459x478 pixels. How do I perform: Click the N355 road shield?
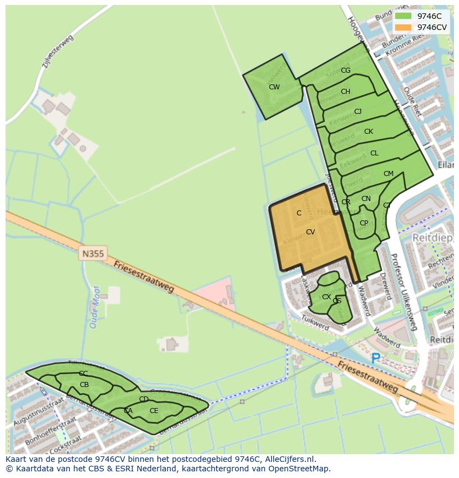click(92, 254)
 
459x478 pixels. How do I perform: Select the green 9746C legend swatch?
click(404, 16)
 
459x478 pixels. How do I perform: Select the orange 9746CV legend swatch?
click(404, 27)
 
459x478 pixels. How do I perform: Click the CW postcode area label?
click(274, 87)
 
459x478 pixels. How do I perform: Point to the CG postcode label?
click(345, 71)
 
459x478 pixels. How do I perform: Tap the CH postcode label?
click(345, 92)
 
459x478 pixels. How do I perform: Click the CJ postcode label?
click(358, 112)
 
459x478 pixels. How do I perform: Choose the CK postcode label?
click(369, 132)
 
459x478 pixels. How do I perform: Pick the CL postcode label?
click(374, 153)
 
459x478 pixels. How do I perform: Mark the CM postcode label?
click(388, 174)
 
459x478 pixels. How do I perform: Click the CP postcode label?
click(364, 223)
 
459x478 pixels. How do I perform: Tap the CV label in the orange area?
click(310, 232)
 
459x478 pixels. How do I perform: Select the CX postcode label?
click(327, 297)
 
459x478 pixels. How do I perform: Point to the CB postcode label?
click(84, 385)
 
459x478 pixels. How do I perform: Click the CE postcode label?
click(154, 411)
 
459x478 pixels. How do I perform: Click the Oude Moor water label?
click(94, 307)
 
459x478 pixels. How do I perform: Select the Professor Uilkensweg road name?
click(403, 292)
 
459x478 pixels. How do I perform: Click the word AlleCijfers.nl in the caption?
click(289, 459)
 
